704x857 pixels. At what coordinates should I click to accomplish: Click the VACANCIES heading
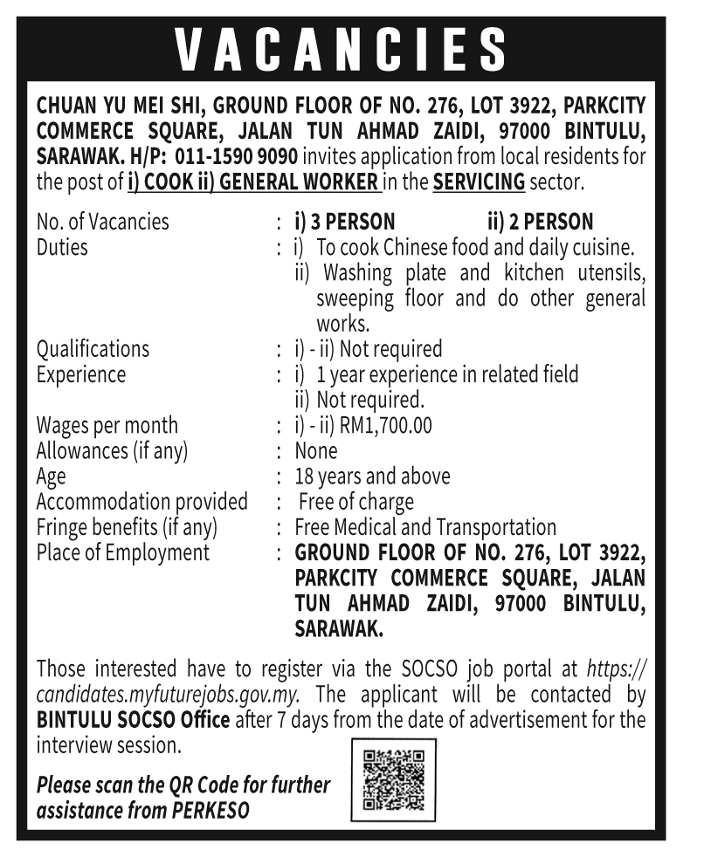341,50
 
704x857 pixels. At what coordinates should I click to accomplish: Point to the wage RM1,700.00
385,426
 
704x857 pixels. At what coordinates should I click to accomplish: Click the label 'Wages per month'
107,426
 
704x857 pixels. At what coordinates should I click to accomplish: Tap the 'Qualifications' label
93,349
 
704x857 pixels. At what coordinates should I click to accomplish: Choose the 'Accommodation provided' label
141,503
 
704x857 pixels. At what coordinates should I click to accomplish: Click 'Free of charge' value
355,503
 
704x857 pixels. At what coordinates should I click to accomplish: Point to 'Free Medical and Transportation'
425,528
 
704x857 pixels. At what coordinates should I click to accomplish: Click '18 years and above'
373,476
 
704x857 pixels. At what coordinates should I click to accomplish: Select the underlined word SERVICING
479,183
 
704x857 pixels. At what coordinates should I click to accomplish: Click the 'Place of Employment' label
123,553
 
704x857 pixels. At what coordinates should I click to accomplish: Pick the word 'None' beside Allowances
316,451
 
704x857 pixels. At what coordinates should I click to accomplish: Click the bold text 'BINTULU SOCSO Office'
134,721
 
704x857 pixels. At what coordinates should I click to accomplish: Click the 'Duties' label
62,247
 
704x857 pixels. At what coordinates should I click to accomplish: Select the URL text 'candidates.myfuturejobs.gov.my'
169,696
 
